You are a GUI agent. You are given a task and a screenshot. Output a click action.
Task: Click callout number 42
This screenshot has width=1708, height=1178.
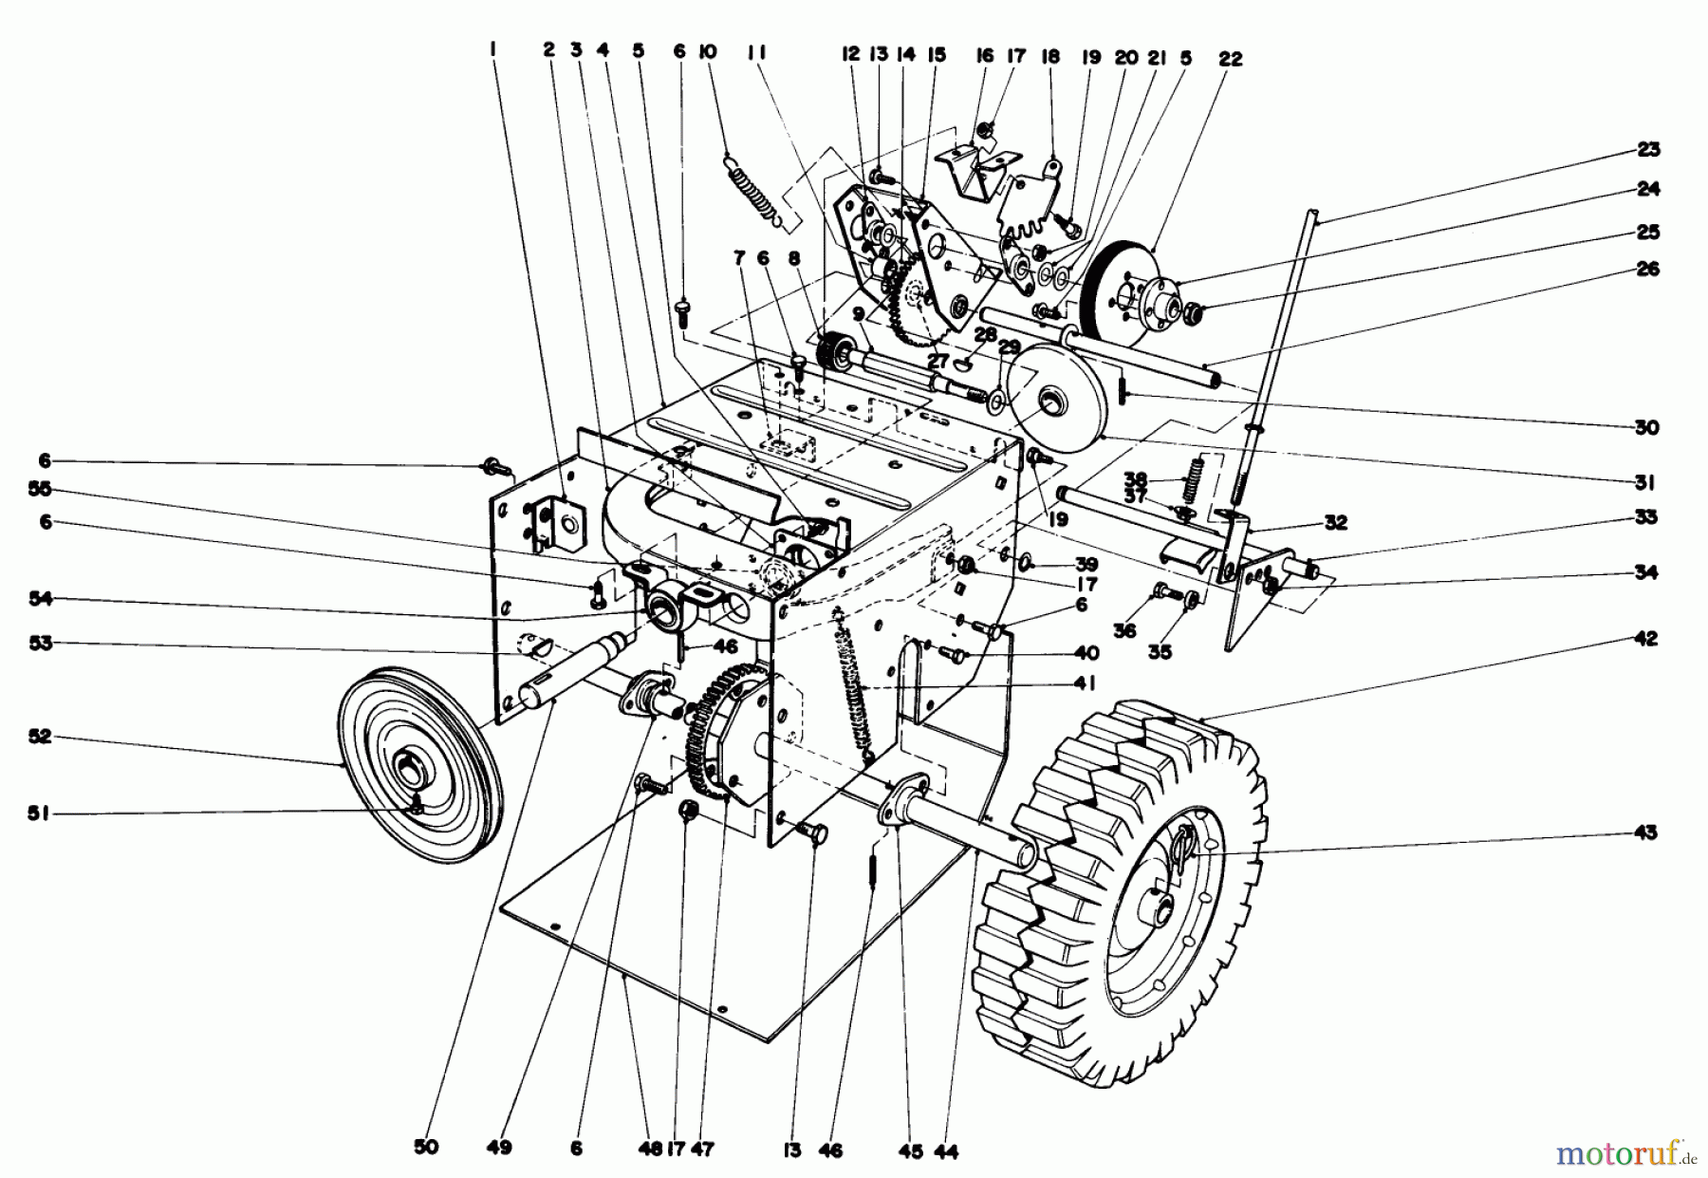click(1645, 639)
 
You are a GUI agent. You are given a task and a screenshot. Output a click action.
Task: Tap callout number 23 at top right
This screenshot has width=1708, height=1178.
click(1647, 149)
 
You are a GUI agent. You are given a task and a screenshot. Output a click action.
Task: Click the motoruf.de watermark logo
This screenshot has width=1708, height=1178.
click(1625, 1154)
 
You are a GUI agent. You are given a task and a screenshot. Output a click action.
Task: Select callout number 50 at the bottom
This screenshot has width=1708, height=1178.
click(427, 1148)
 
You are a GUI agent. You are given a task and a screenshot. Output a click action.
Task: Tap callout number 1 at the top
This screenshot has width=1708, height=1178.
click(492, 53)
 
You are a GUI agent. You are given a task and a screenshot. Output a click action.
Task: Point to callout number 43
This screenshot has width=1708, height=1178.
click(1645, 833)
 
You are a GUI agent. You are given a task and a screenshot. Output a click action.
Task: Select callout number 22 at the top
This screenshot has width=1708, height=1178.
click(1230, 59)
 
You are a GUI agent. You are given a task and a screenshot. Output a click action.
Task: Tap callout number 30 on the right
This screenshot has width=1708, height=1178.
click(1647, 427)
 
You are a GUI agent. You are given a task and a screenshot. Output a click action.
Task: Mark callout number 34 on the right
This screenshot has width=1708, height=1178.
click(1645, 572)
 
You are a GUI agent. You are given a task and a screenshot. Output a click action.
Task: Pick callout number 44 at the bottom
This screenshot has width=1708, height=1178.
click(946, 1151)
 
